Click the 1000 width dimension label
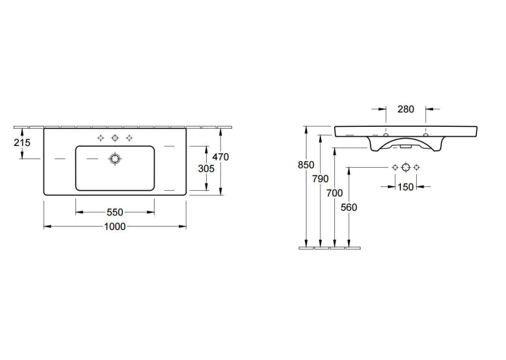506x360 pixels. tap(115, 227)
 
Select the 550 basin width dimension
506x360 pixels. tap(115, 212)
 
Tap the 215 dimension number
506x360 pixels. tap(22, 142)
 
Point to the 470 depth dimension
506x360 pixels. tap(221, 157)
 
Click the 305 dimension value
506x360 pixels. tap(206, 168)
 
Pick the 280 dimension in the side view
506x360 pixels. tap(406, 110)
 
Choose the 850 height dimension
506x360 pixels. tap(306, 165)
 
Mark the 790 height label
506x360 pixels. tap(320, 179)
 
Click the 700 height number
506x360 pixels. tap(335, 194)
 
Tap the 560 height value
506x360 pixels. tap(349, 207)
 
